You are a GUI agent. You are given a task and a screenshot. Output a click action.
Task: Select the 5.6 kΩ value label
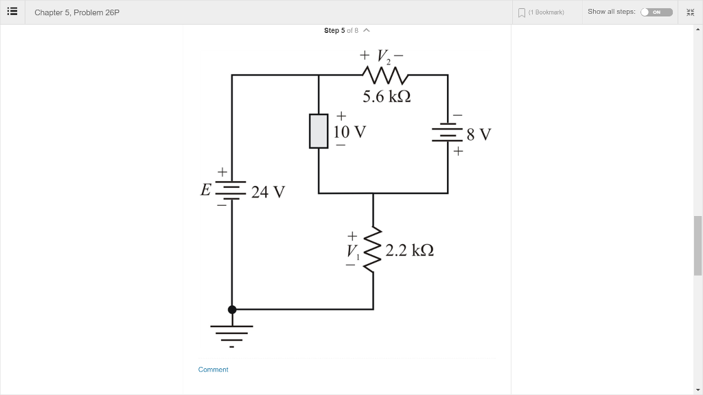(x=387, y=97)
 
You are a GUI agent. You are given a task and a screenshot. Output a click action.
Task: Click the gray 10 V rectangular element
(x=319, y=131)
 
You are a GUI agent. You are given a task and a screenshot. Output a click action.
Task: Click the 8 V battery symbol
(x=448, y=134)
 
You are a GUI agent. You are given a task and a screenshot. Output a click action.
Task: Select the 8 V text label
(x=479, y=134)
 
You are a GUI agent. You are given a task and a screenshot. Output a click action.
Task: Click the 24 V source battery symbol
(x=231, y=189)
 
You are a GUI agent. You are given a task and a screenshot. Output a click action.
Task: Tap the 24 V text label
(x=267, y=192)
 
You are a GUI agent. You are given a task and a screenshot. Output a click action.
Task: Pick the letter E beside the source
(x=205, y=190)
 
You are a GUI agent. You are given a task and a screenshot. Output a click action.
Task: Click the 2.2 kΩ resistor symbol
(x=373, y=250)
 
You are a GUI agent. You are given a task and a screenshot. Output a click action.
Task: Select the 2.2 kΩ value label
(x=409, y=250)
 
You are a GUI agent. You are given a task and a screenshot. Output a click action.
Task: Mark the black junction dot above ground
(x=232, y=309)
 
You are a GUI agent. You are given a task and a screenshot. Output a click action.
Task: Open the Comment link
(x=213, y=370)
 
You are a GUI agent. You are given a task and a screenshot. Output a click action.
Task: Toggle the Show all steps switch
(x=656, y=12)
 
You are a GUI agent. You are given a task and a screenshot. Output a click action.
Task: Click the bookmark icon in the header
(x=522, y=12)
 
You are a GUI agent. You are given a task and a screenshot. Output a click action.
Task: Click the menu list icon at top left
(x=12, y=12)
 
